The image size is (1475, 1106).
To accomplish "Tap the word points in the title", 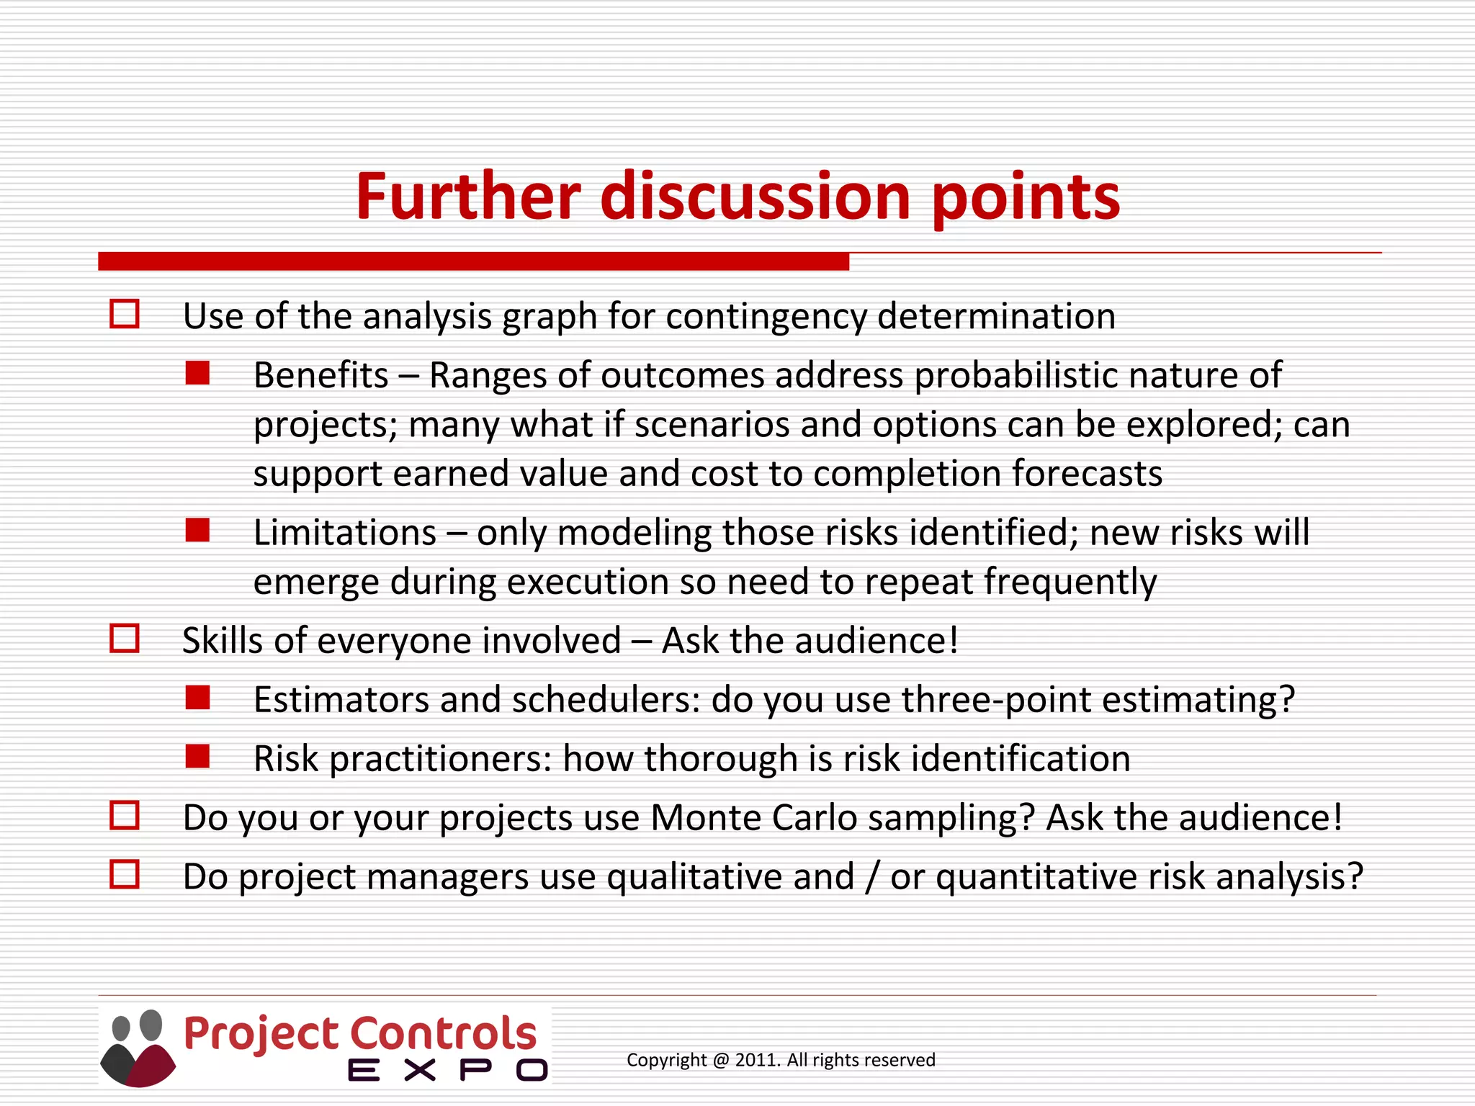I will click(1026, 197).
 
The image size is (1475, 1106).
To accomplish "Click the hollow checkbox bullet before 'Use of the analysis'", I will click(125, 315).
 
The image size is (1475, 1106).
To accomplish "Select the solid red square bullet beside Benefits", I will click(197, 374).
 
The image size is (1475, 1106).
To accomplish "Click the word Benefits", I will click(321, 375).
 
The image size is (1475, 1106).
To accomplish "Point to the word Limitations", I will click(345, 533).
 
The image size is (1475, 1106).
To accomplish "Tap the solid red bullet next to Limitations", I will click(197, 531).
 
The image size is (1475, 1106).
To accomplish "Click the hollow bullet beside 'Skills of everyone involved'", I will click(125, 639).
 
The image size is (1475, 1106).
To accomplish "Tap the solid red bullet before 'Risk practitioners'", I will click(197, 757).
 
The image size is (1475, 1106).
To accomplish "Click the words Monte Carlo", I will click(753, 818).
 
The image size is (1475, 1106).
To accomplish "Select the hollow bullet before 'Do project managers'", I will click(125, 875).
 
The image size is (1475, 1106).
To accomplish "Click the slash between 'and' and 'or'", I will click(873, 877).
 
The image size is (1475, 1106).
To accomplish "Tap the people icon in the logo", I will click(138, 1047).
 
